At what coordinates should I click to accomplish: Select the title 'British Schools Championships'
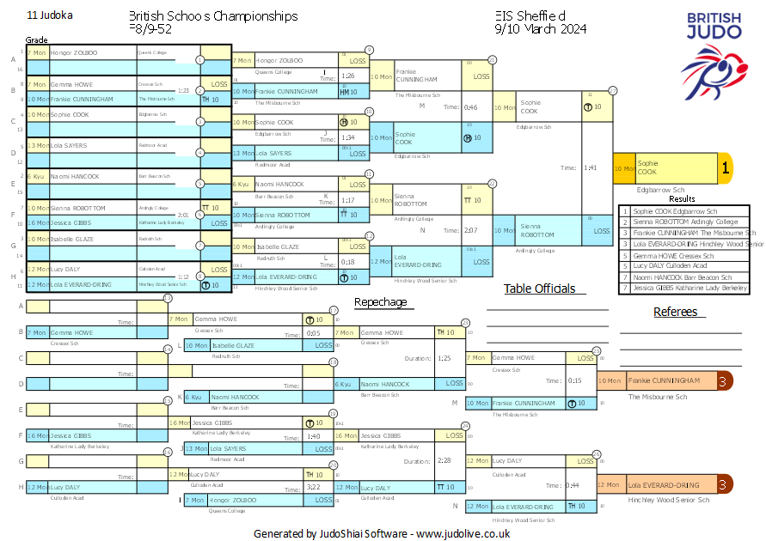tap(213, 15)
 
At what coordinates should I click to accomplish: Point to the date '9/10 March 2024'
tap(541, 28)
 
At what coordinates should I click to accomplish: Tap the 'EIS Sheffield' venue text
tap(530, 15)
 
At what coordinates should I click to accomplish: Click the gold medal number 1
tap(725, 168)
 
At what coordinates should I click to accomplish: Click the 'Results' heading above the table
tap(682, 198)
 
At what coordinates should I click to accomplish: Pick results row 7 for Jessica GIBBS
tap(684, 288)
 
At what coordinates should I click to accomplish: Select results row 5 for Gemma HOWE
tap(684, 255)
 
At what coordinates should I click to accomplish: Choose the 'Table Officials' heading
tap(539, 289)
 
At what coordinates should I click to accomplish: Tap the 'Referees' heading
tap(675, 312)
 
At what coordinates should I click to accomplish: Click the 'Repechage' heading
tap(380, 302)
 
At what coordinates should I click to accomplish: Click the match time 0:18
tap(348, 262)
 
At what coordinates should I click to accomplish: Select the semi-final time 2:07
tap(470, 230)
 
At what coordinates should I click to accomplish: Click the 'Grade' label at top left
tap(36, 40)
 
